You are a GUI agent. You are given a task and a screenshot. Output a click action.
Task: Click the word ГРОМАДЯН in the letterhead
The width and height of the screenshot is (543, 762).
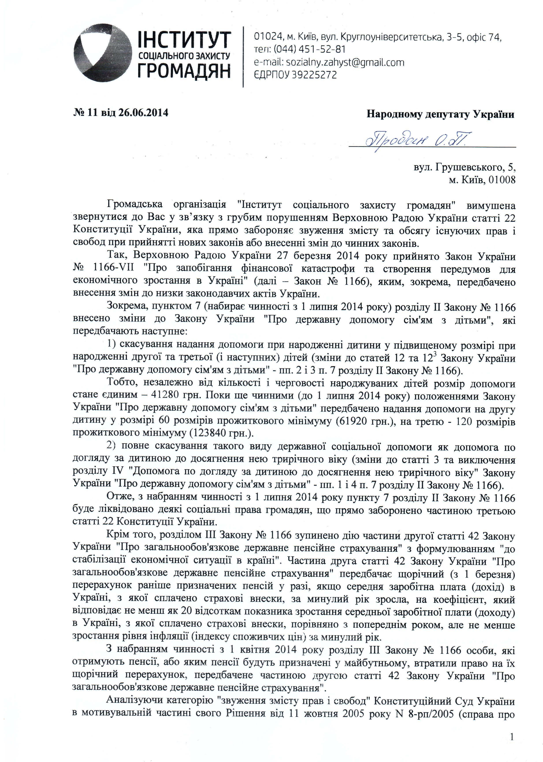coord(185,71)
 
